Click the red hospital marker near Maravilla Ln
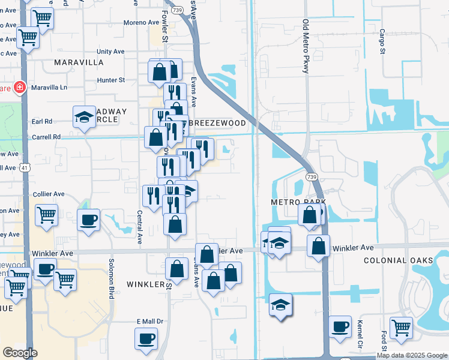tap(20, 88)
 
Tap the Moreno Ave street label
tap(142, 23)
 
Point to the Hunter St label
tap(111, 80)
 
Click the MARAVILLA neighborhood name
tap(79, 62)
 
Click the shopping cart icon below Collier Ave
tap(46, 214)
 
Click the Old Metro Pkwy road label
tap(306, 46)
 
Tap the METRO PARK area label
tap(298, 202)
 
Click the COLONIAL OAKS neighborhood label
tap(398, 260)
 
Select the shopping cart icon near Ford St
tap(400, 328)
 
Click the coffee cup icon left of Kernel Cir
tap(340, 326)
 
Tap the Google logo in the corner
tap(20, 353)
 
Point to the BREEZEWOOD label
tap(217, 123)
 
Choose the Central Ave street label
tap(139, 226)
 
